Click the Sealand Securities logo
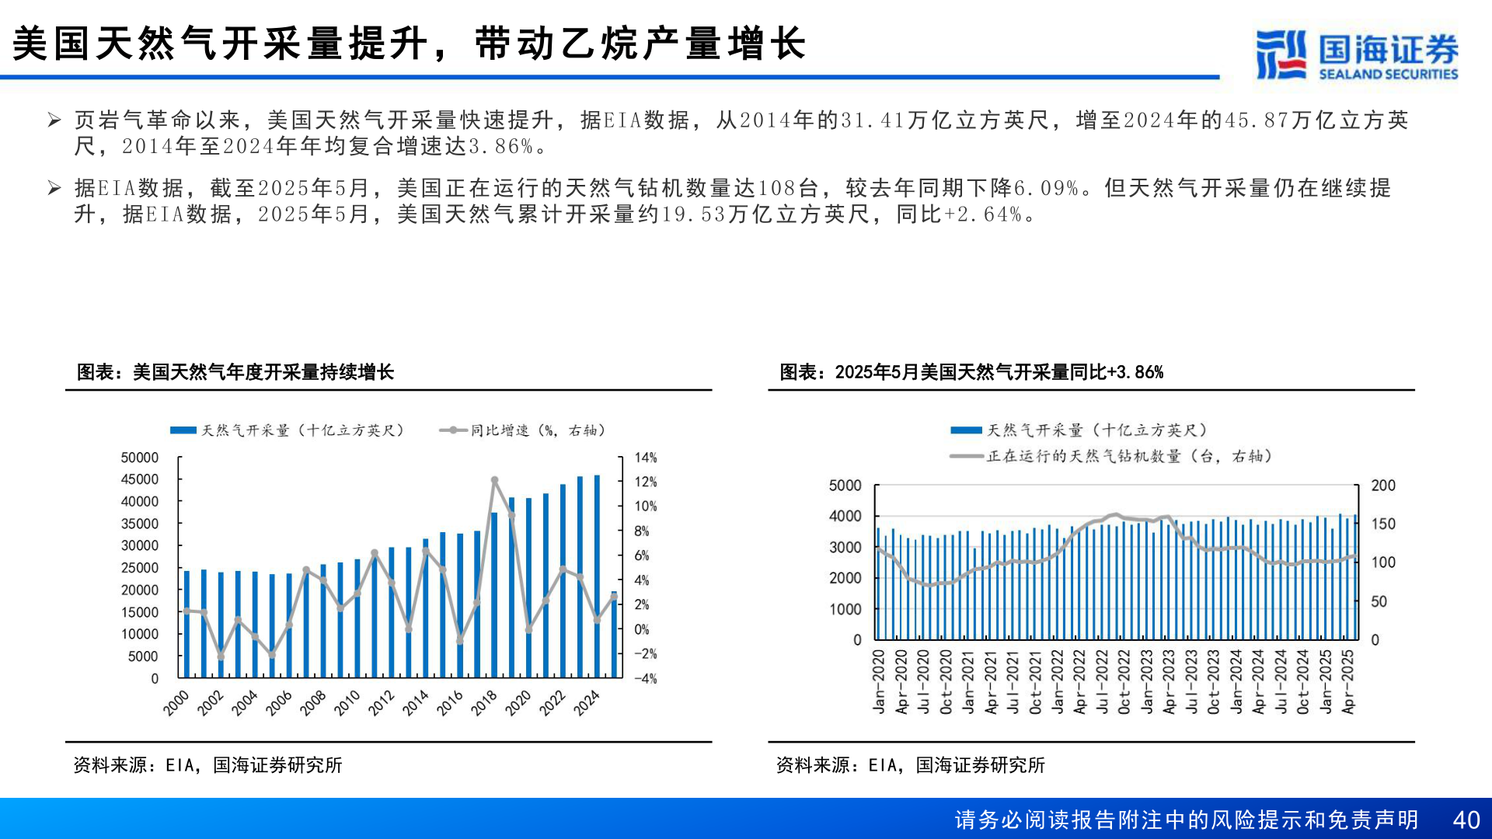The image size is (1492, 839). [x=1357, y=54]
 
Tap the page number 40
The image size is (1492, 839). [x=1466, y=820]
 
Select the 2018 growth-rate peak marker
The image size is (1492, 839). [x=494, y=481]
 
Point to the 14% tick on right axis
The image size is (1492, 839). [x=645, y=458]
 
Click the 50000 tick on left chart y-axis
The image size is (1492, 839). [x=140, y=458]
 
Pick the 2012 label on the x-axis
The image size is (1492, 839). [x=382, y=702]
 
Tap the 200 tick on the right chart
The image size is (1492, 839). [x=1383, y=486]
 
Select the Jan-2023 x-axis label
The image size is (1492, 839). [x=1148, y=681]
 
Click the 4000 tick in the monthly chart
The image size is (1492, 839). [x=845, y=516]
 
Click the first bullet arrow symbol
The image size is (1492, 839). [x=54, y=120]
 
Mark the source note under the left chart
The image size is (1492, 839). [x=207, y=765]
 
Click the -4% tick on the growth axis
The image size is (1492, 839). [x=645, y=678]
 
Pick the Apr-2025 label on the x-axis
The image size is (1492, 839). [x=1348, y=681]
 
